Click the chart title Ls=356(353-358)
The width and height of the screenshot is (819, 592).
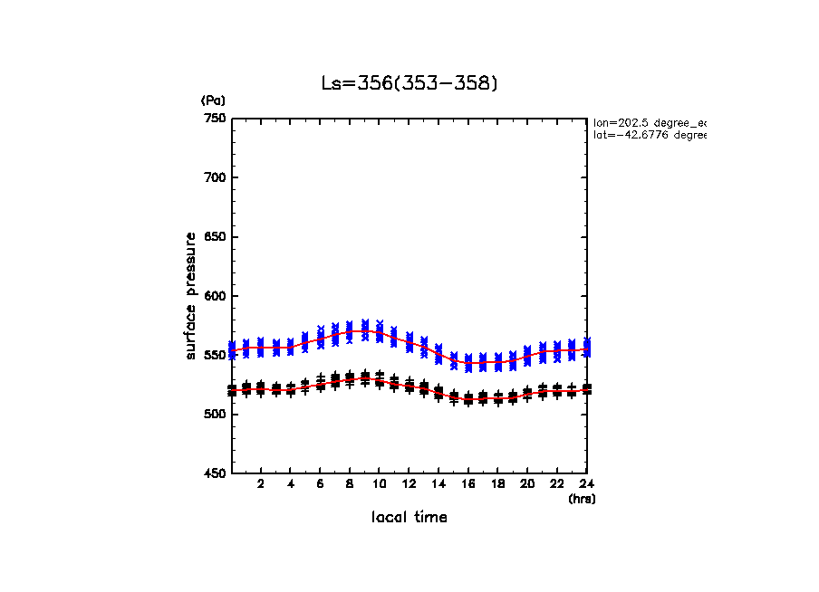coord(409,83)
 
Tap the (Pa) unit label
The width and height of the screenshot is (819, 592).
coord(213,100)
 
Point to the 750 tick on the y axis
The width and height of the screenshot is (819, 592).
coord(214,119)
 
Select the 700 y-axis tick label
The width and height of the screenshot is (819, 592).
coord(214,177)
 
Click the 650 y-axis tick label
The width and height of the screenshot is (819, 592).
coord(214,237)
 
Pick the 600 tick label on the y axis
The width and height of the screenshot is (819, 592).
coord(214,296)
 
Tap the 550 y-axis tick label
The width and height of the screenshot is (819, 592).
coord(214,355)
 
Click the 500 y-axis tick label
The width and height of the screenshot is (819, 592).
coord(214,415)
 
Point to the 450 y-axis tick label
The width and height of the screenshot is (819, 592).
coord(214,473)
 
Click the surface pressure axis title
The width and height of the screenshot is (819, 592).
coord(191,295)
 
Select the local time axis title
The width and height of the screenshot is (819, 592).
coord(409,517)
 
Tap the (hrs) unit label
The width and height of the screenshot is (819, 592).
coord(582,499)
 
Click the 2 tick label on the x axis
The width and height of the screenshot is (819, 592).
coord(261,484)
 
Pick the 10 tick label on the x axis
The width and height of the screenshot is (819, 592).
coord(380,484)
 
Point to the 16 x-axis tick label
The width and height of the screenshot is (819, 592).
coord(468,484)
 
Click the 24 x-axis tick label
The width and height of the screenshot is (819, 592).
coord(587,484)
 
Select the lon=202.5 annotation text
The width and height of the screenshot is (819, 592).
coord(649,122)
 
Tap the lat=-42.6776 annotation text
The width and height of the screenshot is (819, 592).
coord(649,135)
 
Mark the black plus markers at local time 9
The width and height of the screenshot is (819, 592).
coord(364,377)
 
